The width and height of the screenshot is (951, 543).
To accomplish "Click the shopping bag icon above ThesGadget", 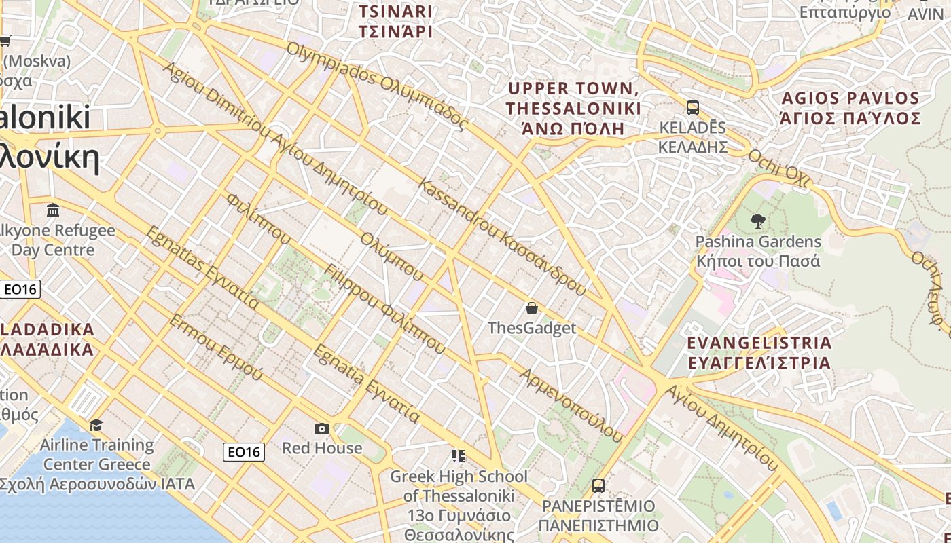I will tap(532, 308).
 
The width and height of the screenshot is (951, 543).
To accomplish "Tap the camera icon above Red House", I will tap(322, 428).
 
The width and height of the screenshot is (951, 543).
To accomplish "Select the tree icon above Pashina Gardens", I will tap(757, 221).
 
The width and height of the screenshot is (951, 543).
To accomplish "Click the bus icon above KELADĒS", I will tap(693, 108).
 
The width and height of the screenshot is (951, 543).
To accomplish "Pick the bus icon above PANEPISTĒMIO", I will tap(598, 486).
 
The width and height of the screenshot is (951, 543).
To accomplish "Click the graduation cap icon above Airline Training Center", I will tap(96, 425).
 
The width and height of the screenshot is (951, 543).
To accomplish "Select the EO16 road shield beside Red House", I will tap(244, 451).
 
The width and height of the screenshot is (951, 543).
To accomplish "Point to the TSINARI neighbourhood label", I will tap(395, 22).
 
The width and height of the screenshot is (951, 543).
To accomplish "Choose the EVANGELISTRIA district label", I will tap(759, 352).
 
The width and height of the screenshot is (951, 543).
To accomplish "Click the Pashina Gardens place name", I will tap(758, 251).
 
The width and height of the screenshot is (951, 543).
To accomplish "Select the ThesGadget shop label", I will tap(532, 329).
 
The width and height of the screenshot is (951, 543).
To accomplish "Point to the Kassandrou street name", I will tap(501, 236).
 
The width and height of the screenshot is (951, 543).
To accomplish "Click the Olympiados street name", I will tap(376, 86).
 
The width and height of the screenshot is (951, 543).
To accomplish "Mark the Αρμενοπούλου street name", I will tap(571, 405).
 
